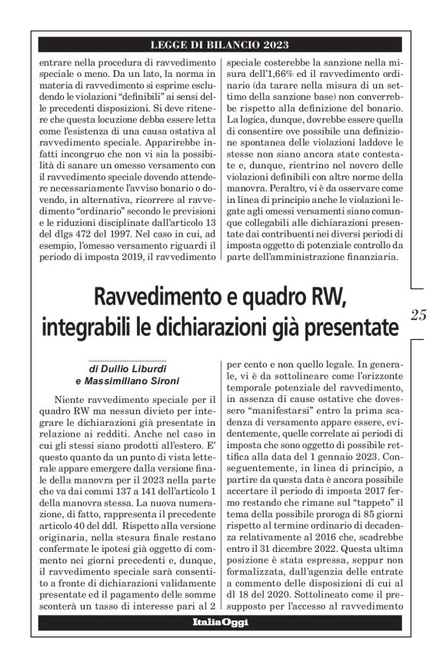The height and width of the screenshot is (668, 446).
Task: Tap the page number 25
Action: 418,313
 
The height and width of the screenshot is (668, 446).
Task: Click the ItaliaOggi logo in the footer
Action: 220,622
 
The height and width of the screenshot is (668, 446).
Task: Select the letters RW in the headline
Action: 326,294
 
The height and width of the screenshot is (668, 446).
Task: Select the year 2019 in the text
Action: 141,256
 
